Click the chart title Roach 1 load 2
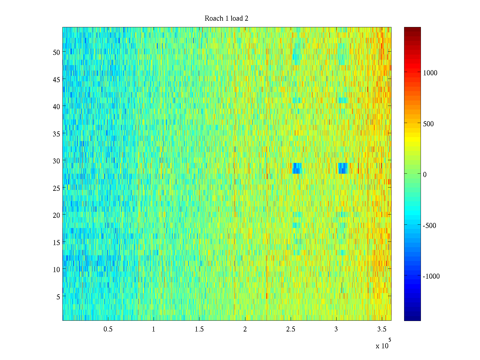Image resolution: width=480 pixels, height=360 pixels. tap(226, 19)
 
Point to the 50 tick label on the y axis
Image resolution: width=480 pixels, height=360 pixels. tap(56, 52)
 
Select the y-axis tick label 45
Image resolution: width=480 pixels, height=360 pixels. tap(56, 79)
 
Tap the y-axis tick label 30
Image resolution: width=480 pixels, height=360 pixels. tap(56, 161)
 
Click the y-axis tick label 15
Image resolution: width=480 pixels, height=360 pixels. tap(56, 242)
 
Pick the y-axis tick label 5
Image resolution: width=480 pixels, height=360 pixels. tap(58, 297)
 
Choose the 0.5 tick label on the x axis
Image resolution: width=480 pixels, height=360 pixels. tap(108, 329)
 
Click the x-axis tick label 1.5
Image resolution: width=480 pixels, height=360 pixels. tap(199, 329)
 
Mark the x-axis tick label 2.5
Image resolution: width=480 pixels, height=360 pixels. tap(290, 329)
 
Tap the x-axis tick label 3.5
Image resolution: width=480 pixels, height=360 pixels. tap(382, 329)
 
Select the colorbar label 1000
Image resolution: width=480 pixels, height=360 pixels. tap(430, 73)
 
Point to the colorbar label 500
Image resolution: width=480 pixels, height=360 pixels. tap(428, 124)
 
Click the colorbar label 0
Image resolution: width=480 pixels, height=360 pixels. tap(425, 175)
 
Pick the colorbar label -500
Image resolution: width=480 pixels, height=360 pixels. tap(430, 226)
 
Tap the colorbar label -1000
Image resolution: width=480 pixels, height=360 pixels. tap(431, 276)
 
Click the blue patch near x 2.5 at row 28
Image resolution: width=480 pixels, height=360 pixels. tap(297, 168)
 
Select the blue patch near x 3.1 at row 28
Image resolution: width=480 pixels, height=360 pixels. tap(343, 168)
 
